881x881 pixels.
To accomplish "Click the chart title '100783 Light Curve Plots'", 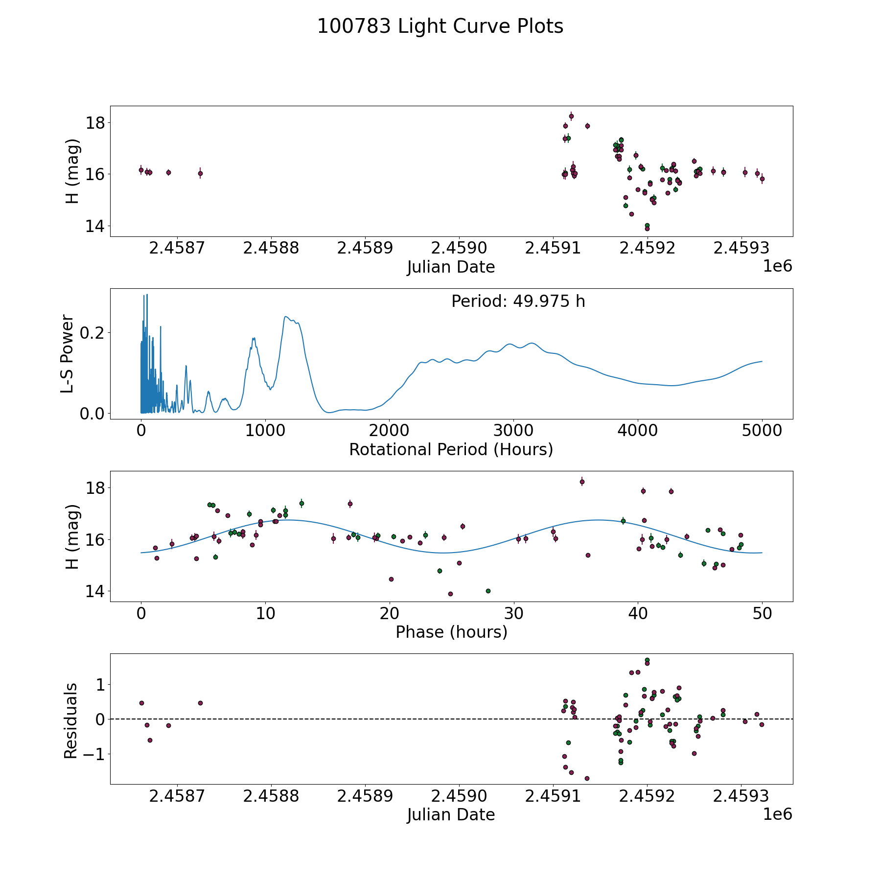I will coord(440,26).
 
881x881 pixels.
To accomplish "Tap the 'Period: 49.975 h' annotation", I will coord(518,301).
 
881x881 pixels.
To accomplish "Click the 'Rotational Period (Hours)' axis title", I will coord(451,449).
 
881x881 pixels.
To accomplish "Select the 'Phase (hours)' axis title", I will coord(451,632).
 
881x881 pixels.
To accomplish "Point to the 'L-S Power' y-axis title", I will coord(68,354).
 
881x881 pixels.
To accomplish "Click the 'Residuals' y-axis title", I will coord(71,720).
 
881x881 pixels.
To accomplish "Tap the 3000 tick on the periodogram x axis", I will coord(513,431).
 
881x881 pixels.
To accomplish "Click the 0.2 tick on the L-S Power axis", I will coord(93,333).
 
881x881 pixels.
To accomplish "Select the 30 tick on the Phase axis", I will coord(513,613).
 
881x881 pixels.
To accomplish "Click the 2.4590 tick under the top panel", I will coord(459,248).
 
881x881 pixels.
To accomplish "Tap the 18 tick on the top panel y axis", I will coord(95,123).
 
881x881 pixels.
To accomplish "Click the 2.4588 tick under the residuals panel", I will coord(271,796).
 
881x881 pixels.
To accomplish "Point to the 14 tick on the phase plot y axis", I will coord(95,592).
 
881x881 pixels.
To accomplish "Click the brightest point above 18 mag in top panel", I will coord(571,116).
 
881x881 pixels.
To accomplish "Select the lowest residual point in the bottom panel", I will coord(587,778).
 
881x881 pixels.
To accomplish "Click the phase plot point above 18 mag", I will coord(582,482).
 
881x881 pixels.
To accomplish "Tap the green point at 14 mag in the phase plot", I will coord(488,591).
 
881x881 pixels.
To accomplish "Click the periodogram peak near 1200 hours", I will coord(286,317).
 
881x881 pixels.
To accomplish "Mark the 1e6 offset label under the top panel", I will coord(777,266).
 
